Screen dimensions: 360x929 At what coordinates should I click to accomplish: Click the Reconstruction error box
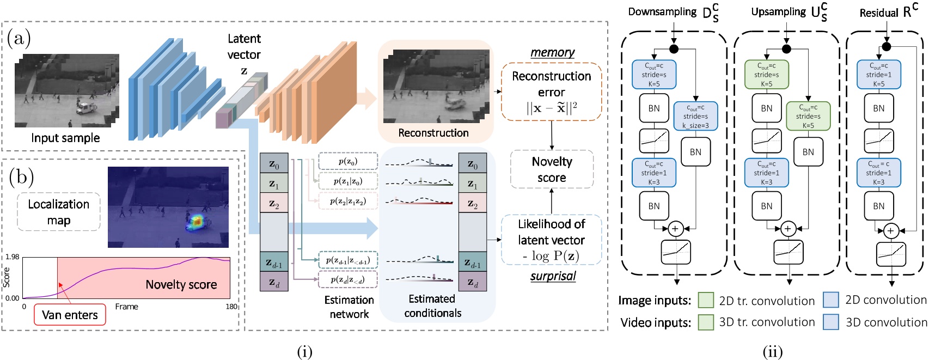(x=551, y=91)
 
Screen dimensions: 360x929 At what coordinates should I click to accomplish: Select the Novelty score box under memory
(x=551, y=169)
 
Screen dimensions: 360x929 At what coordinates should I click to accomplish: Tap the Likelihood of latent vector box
(x=551, y=240)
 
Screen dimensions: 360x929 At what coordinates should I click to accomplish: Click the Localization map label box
(x=59, y=212)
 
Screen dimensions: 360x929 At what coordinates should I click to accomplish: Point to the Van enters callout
(x=70, y=315)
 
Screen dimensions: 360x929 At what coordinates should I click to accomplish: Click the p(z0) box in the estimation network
(x=347, y=161)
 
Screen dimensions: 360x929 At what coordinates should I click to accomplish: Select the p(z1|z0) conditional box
(x=347, y=181)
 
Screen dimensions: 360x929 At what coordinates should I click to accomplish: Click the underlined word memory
(x=552, y=52)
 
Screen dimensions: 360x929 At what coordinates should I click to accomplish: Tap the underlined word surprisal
(x=553, y=276)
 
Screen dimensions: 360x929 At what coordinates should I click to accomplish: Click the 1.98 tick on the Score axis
(x=12, y=257)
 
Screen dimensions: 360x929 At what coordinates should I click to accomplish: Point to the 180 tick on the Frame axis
(x=231, y=307)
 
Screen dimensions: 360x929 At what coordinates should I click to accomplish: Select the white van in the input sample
(x=85, y=107)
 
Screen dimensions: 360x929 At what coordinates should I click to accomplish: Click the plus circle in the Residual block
(x=890, y=231)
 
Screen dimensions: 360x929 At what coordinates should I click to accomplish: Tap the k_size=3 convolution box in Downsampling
(x=695, y=116)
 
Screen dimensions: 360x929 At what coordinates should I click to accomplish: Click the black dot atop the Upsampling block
(x=786, y=49)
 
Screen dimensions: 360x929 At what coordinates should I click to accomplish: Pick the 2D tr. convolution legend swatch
(x=706, y=300)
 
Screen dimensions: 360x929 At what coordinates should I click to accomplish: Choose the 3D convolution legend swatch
(x=831, y=322)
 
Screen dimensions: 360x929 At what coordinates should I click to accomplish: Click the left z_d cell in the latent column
(x=274, y=282)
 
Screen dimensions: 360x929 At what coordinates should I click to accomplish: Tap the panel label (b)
(x=21, y=177)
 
